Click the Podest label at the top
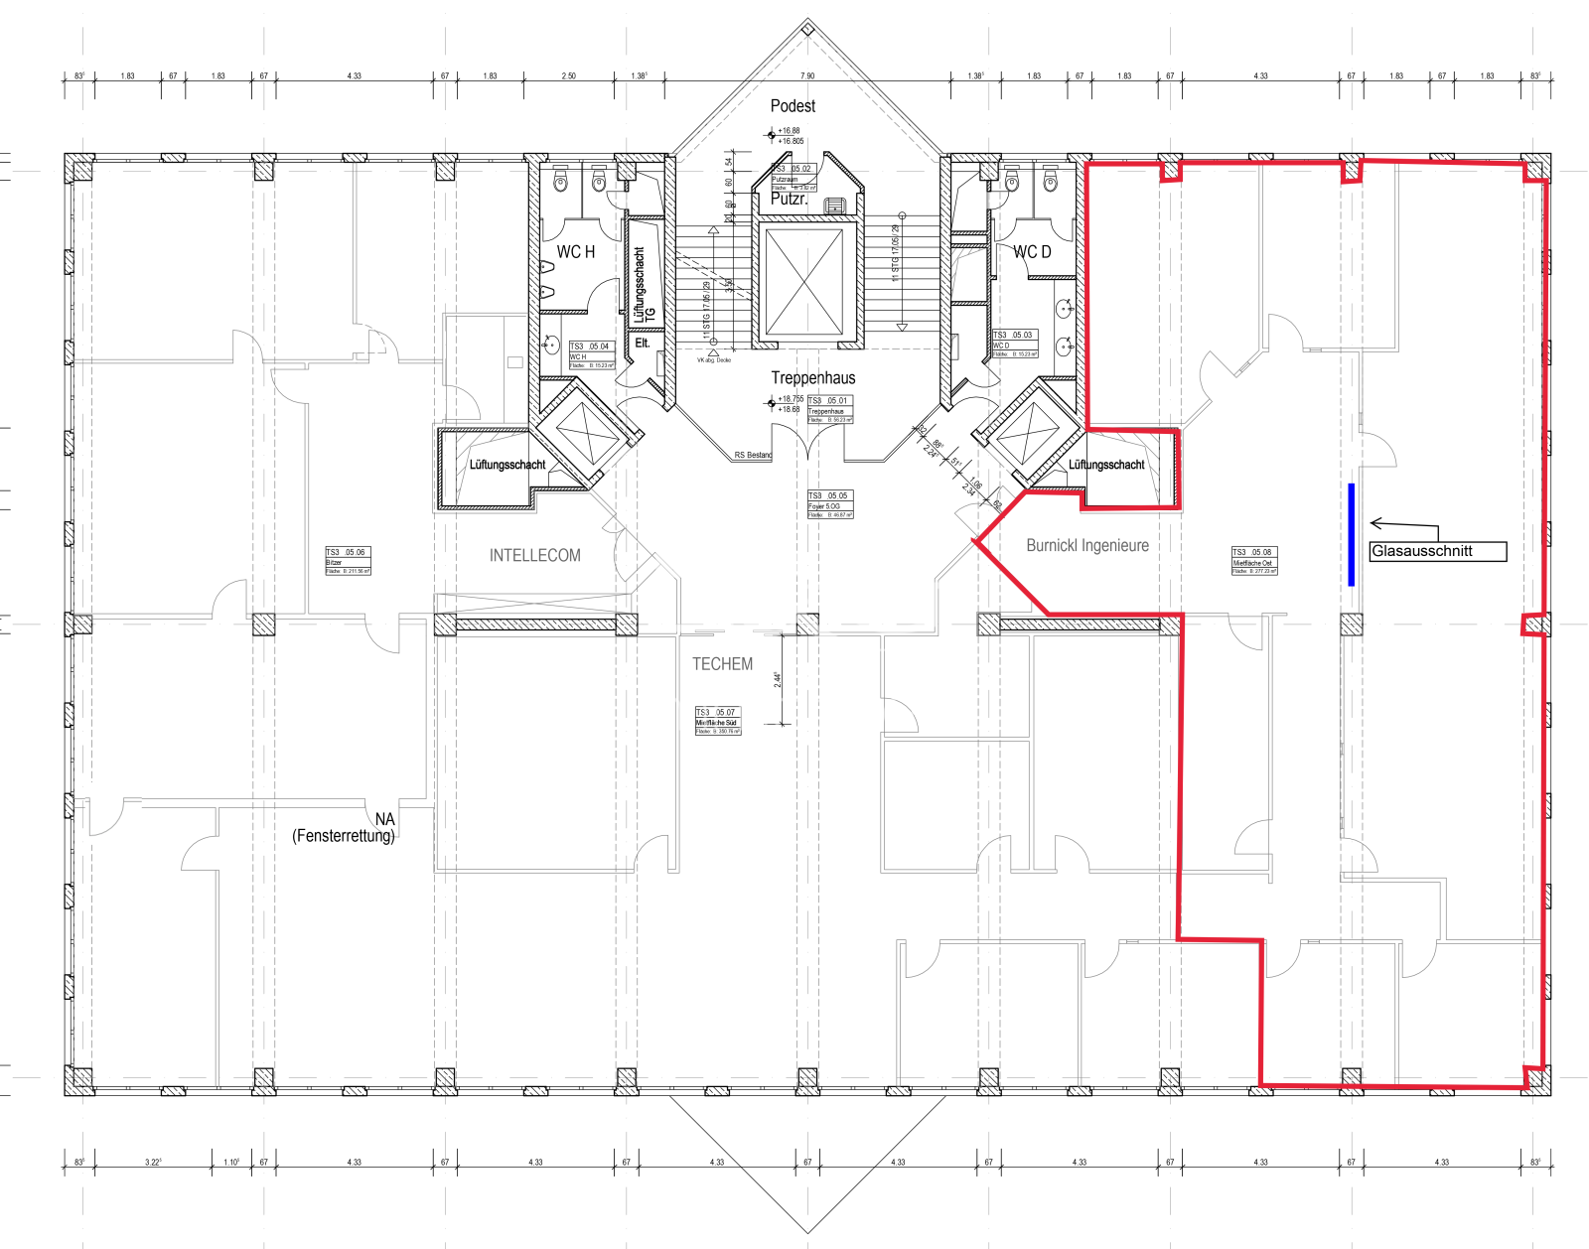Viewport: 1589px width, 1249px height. click(793, 106)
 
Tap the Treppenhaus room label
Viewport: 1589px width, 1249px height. click(812, 378)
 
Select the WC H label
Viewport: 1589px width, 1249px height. click(575, 252)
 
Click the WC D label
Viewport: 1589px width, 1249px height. click(1031, 252)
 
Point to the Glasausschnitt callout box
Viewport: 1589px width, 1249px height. click(1437, 552)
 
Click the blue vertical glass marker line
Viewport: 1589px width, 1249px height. click(1351, 534)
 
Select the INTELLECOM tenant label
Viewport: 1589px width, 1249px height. click(534, 556)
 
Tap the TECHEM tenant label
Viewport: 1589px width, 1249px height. click(722, 664)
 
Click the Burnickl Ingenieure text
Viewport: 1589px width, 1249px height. click(1086, 545)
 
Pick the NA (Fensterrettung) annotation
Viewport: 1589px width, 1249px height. click(344, 828)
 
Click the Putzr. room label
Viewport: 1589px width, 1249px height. click(789, 199)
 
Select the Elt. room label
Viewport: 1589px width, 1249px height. click(643, 343)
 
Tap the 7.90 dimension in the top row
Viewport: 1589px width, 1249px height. click(807, 75)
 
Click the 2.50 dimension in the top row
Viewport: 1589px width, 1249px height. click(568, 75)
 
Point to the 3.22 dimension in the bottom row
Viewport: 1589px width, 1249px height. click(153, 1162)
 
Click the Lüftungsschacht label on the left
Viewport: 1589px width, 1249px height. click(507, 465)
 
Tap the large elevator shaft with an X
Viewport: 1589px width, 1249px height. click(804, 282)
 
